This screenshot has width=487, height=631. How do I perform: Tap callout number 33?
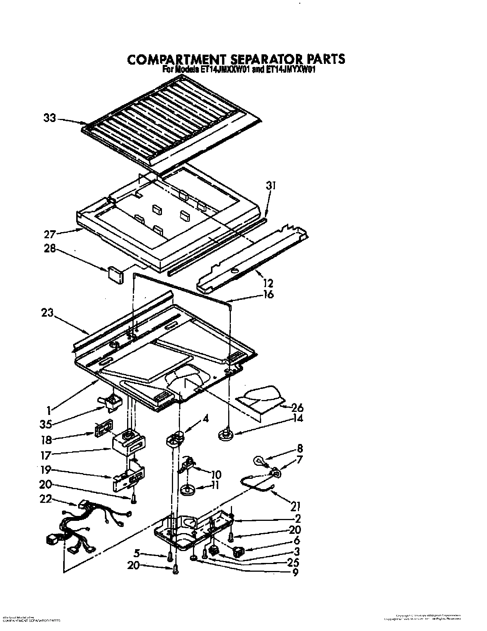tap(49, 118)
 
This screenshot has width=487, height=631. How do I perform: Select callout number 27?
tap(50, 234)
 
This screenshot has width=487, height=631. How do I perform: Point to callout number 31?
tap(271, 186)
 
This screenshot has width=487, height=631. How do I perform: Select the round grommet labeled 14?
tap(226, 434)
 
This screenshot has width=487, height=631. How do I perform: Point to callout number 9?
tap(294, 572)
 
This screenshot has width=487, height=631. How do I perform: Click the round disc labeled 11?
tap(188, 490)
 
